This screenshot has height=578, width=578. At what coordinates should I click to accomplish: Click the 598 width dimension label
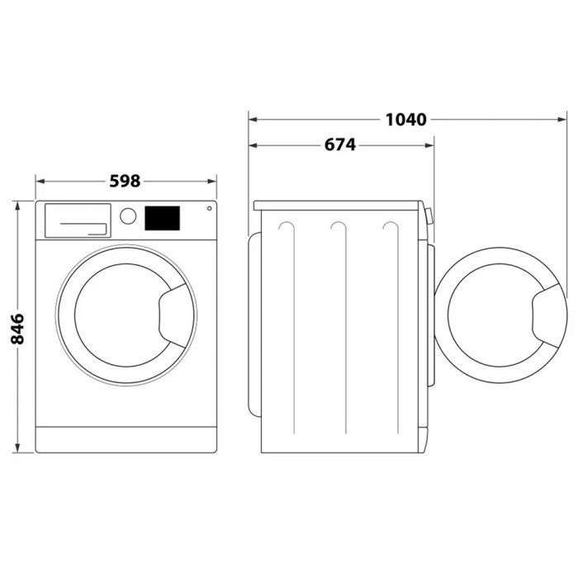[126, 181]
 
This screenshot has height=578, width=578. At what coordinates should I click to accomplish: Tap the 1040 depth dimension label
[405, 120]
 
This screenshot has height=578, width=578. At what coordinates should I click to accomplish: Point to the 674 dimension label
[339, 145]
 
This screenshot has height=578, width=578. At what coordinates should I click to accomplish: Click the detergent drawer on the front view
[76, 220]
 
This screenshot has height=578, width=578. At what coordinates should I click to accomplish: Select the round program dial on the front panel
[128, 216]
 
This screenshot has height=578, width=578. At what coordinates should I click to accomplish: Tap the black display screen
[163, 218]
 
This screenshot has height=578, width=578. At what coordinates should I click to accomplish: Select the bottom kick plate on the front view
[126, 439]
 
